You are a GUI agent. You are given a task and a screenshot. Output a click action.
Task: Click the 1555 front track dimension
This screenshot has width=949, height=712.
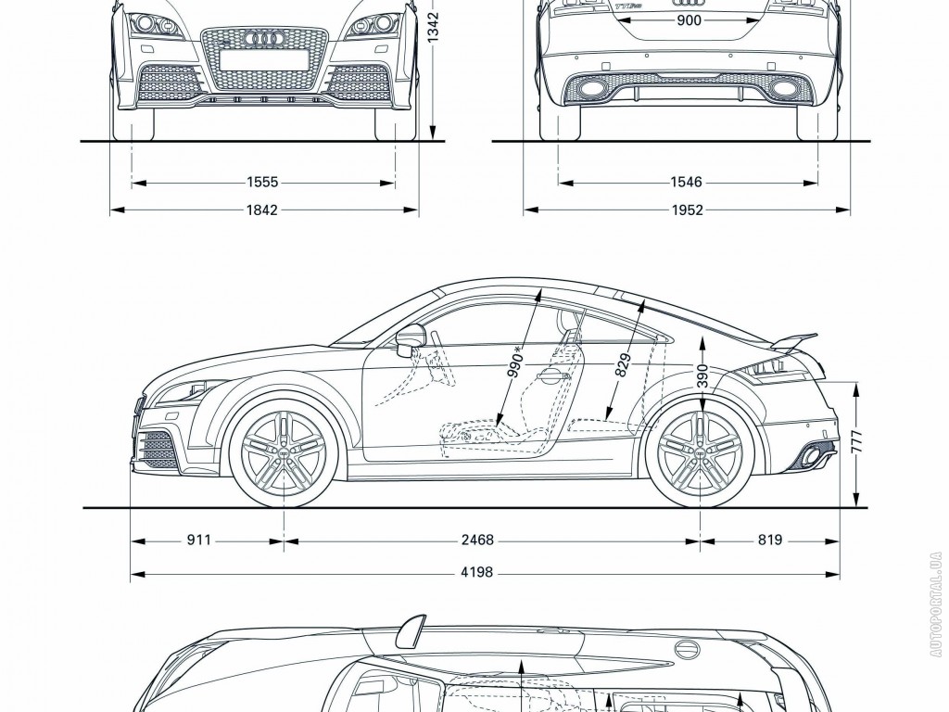pyautogui.click(x=263, y=184)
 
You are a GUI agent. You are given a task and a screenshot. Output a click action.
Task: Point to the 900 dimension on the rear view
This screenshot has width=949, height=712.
pyautogui.click(x=689, y=20)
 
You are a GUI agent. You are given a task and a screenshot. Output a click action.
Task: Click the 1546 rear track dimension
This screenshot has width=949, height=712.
pyautogui.click(x=688, y=184)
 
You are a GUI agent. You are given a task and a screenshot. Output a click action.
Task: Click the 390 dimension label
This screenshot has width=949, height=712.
pyautogui.click(x=702, y=375)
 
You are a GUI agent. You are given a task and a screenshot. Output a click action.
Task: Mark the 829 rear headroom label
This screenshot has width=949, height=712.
pyautogui.click(x=623, y=366)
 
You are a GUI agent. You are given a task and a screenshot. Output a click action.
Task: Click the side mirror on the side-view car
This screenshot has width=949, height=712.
pyautogui.click(x=409, y=340)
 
